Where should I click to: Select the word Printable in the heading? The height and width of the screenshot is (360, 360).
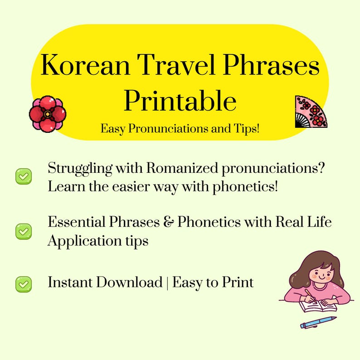pyautogui.click(x=180, y=101)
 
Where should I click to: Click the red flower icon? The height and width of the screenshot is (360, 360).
pyautogui.click(x=47, y=113)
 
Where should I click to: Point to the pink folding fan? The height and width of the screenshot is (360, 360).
pyautogui.click(x=311, y=112)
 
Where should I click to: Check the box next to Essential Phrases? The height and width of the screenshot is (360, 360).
pyautogui.click(x=24, y=231)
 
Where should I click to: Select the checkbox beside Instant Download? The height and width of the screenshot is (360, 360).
pyautogui.click(x=24, y=284)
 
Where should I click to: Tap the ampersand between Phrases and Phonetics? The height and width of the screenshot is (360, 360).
pyautogui.click(x=169, y=223)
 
